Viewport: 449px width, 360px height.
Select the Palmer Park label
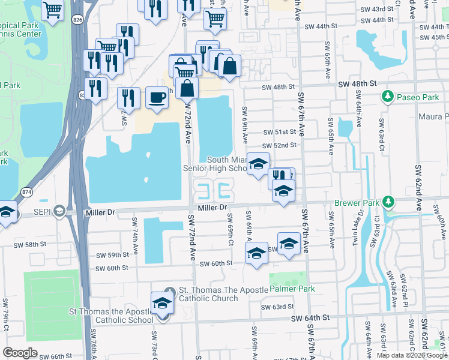coord(292,289)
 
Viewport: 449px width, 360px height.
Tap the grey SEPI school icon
coord(59,211)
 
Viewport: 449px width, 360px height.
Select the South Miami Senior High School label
coord(217,164)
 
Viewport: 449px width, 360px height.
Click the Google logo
coord(20,353)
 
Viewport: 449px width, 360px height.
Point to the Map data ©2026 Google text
coord(412,355)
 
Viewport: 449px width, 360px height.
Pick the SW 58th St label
coord(29,245)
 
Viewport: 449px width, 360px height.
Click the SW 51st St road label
coord(280,132)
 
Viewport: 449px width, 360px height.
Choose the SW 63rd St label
coord(276,306)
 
